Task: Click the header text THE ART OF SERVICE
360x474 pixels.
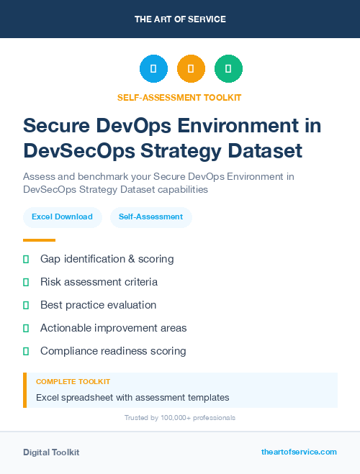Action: (180, 19)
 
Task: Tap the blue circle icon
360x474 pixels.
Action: (153, 69)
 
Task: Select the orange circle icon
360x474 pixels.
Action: (191, 69)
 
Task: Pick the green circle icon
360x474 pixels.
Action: (228, 69)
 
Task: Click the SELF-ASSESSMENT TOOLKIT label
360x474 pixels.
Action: (180, 97)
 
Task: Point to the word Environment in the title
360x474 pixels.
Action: (238, 125)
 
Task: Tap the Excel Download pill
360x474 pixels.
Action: (62, 217)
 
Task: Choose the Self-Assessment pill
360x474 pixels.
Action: (150, 217)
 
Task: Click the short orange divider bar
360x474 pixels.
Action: (39, 240)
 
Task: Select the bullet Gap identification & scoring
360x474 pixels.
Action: (107, 258)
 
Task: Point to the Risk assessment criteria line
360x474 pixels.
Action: (99, 282)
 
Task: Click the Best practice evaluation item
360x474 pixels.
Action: (98, 305)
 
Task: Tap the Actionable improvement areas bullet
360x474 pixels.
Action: (113, 328)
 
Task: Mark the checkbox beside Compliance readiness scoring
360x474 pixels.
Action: (26, 351)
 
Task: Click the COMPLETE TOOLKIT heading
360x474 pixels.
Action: (73, 381)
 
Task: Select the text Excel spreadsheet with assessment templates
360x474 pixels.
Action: (132, 397)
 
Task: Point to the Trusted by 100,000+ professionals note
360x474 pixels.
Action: (180, 417)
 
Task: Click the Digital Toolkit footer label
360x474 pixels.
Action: (51, 452)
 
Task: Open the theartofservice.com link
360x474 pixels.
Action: (299, 452)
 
